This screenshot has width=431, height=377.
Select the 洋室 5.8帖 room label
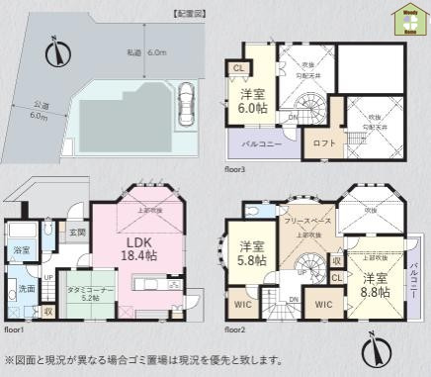click(x=248, y=256)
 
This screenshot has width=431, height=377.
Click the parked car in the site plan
click(x=185, y=104)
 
